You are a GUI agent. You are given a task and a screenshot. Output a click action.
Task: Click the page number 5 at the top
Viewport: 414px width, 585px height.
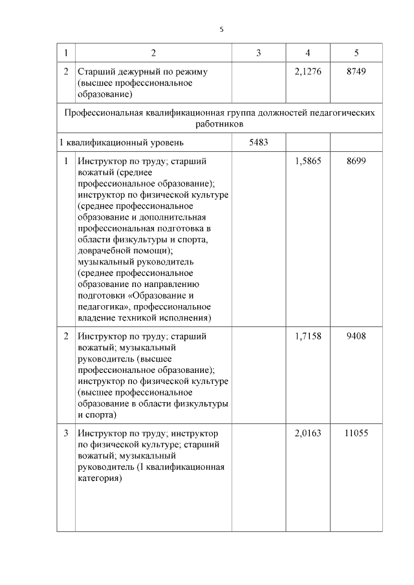[221, 30]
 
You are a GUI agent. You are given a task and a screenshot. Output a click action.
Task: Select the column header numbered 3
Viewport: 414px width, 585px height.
[258, 52]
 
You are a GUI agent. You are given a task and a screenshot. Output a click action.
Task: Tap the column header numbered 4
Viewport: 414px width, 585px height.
[308, 52]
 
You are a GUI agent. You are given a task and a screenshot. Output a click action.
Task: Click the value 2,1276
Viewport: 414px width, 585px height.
[307, 71]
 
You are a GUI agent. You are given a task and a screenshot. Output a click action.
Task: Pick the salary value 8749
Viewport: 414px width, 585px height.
[356, 71]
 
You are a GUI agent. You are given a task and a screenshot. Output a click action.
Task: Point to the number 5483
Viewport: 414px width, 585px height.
[258, 142]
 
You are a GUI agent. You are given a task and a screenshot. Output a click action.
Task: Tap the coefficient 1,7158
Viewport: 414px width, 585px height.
[307, 336]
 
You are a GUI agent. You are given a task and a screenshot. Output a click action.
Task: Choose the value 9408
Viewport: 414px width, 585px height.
[356, 336]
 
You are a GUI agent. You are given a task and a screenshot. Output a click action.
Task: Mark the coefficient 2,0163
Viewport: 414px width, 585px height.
[307, 433]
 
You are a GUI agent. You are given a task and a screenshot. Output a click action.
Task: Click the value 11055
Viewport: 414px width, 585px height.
[356, 433]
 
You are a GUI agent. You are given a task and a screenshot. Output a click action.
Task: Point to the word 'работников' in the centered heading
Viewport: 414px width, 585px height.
[219, 123]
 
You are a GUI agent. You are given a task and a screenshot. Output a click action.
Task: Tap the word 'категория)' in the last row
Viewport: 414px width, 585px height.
[100, 480]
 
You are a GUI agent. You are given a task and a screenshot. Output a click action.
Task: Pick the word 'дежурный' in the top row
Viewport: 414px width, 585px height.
[131, 71]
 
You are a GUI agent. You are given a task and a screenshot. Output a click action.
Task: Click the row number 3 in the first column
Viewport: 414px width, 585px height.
[67, 433]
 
